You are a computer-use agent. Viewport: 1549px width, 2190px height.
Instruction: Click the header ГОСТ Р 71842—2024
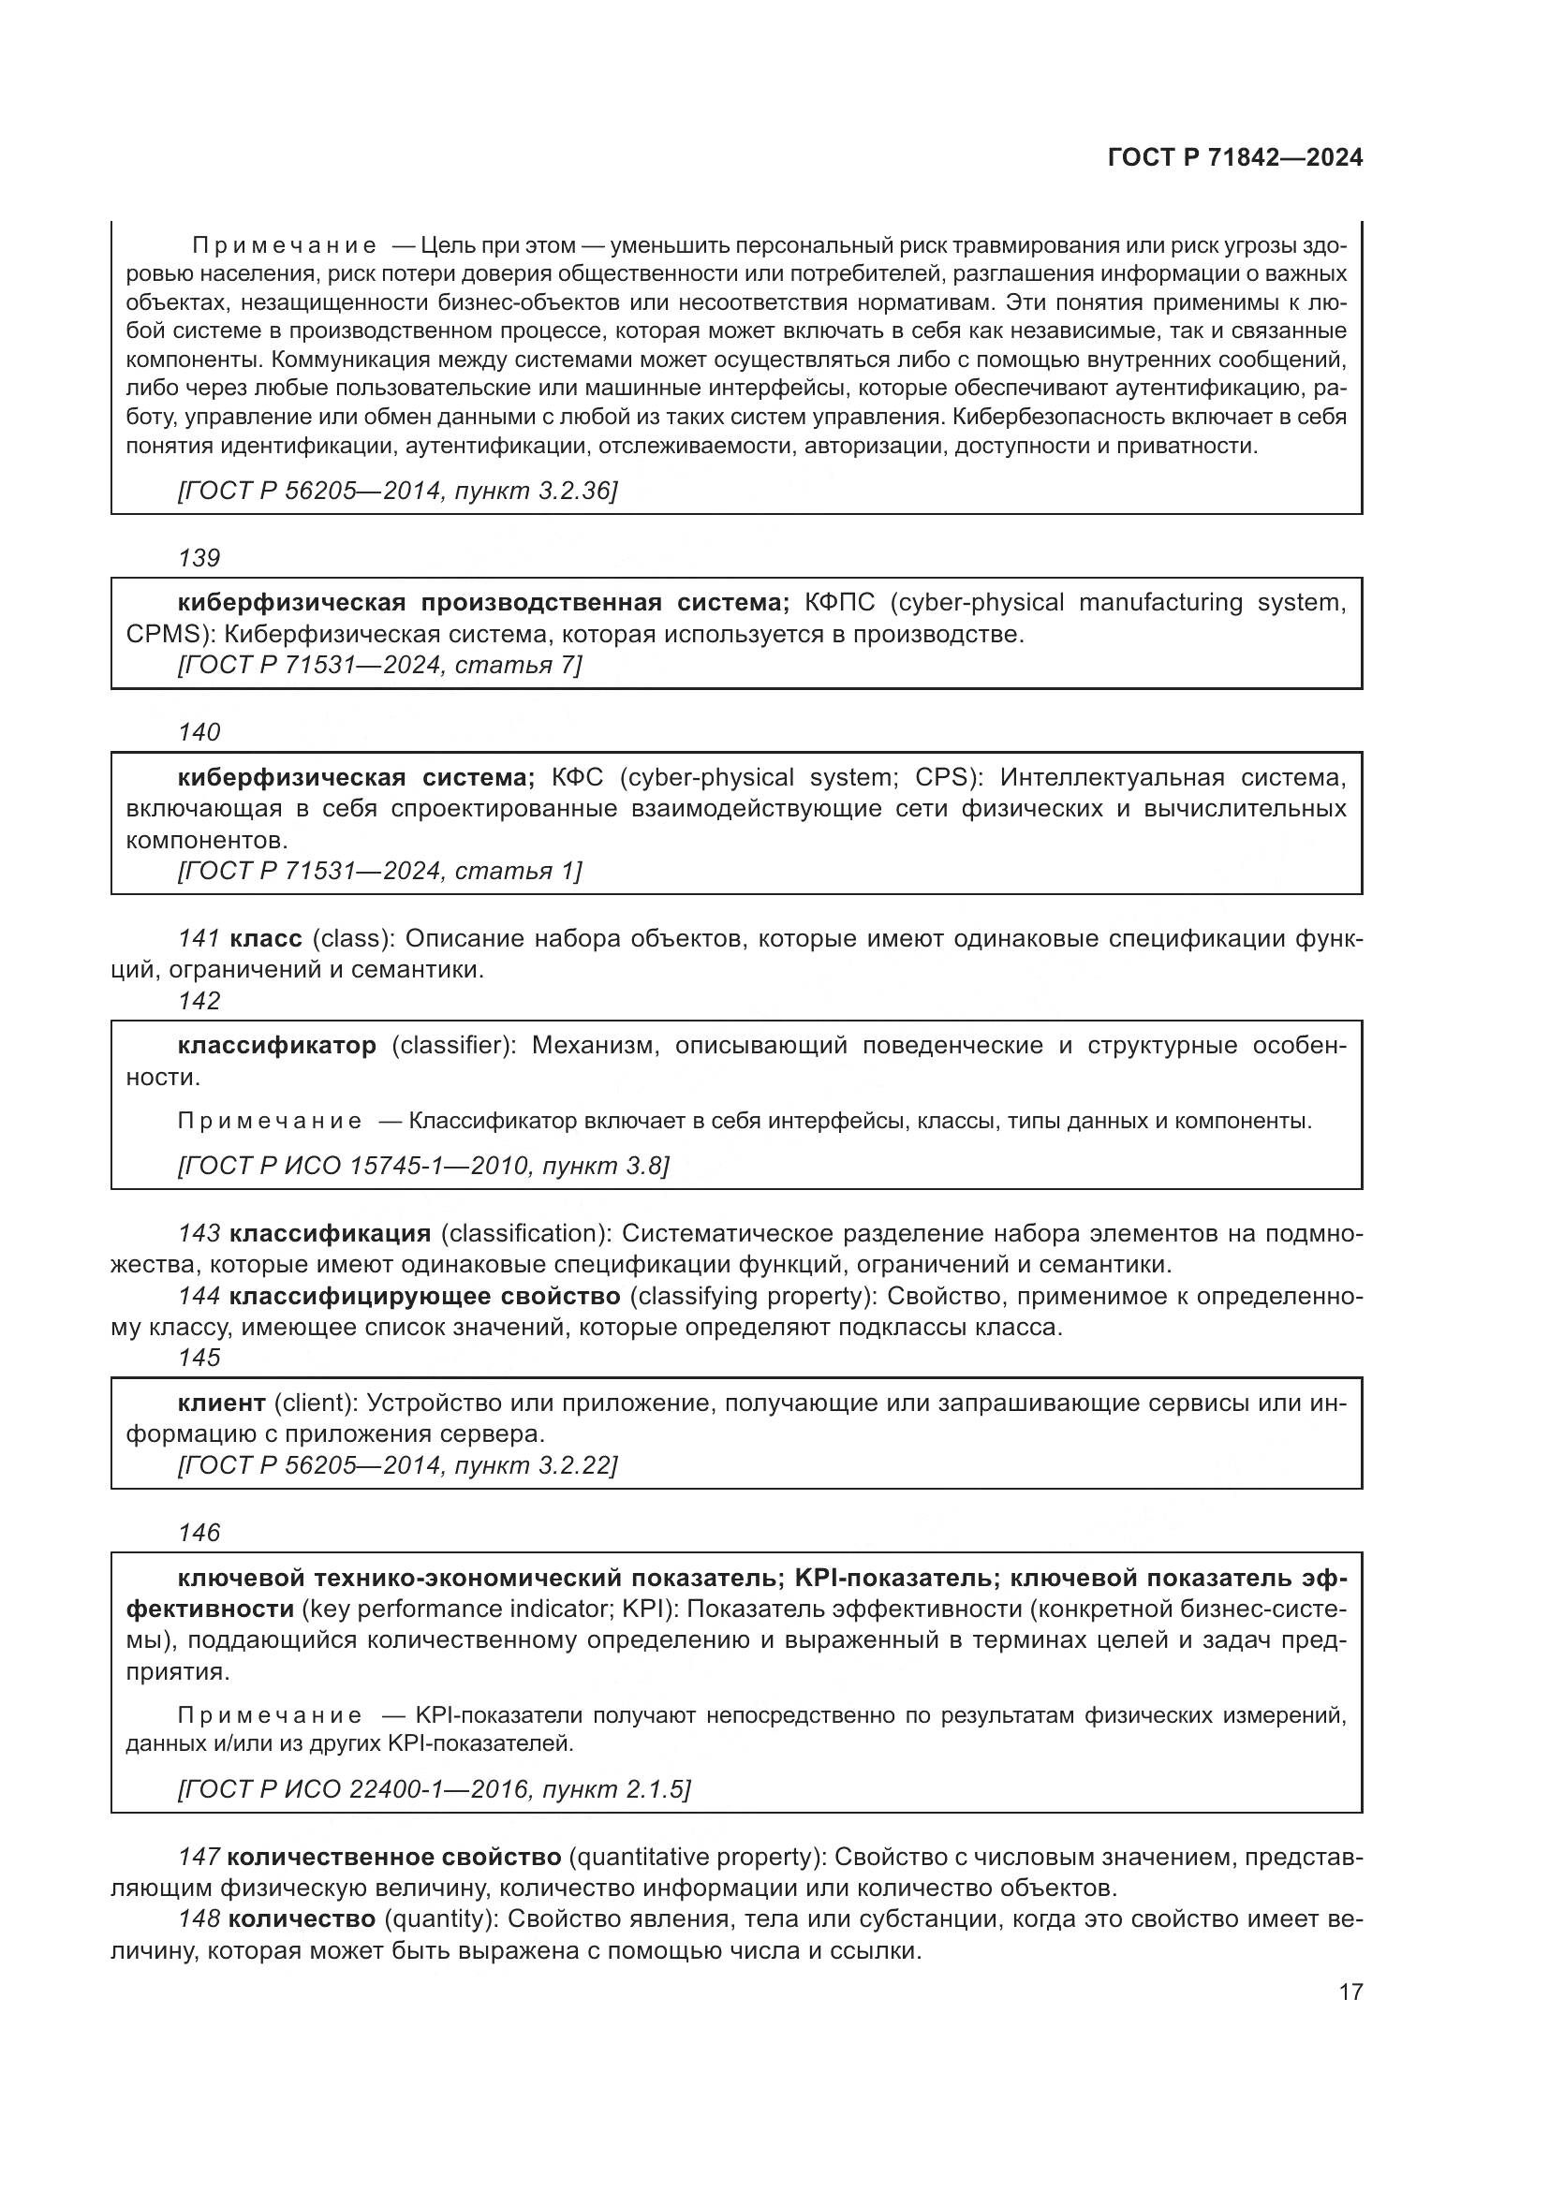[x=1234, y=158]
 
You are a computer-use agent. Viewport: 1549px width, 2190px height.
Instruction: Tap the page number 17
[x=1350, y=1992]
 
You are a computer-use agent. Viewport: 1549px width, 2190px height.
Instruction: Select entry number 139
[x=199, y=558]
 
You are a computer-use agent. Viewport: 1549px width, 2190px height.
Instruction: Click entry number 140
[x=199, y=732]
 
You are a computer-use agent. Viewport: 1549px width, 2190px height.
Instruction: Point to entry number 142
[x=199, y=1001]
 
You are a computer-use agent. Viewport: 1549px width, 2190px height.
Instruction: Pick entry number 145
[x=199, y=1358]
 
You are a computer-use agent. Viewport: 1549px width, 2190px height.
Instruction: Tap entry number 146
[x=199, y=1533]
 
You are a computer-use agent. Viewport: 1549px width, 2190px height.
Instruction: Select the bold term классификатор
[x=276, y=1046]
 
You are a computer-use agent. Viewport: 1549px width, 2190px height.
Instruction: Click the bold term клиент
[x=221, y=1403]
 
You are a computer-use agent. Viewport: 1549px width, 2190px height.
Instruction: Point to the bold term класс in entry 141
[x=266, y=938]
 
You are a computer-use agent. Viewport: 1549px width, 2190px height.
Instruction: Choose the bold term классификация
[x=330, y=1233]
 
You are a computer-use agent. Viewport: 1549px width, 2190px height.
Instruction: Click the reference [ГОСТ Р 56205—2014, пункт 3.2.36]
[x=398, y=492]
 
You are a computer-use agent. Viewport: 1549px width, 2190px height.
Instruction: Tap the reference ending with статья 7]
[x=379, y=665]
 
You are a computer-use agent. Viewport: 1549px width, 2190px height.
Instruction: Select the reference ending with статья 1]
[x=379, y=871]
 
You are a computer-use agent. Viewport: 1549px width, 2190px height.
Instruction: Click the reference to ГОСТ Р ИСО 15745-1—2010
[x=423, y=1166]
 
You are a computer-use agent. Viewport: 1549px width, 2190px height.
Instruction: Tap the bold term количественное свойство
[x=395, y=1857]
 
